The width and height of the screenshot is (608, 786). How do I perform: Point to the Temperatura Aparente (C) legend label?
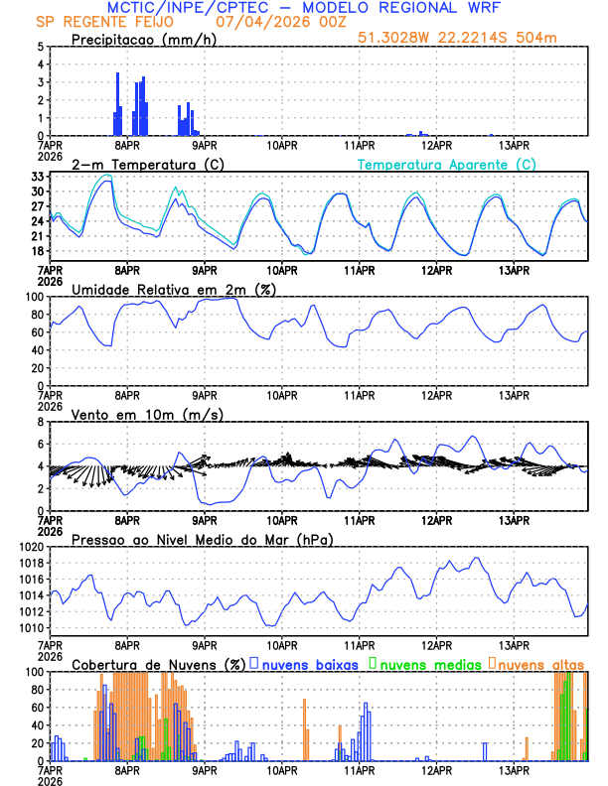pyautogui.click(x=447, y=164)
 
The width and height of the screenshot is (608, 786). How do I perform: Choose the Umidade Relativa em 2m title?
pyautogui.click(x=172, y=289)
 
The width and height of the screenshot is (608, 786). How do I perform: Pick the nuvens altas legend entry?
pyautogui.click(x=540, y=664)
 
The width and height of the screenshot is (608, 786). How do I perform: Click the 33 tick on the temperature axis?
pyautogui.click(x=37, y=177)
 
